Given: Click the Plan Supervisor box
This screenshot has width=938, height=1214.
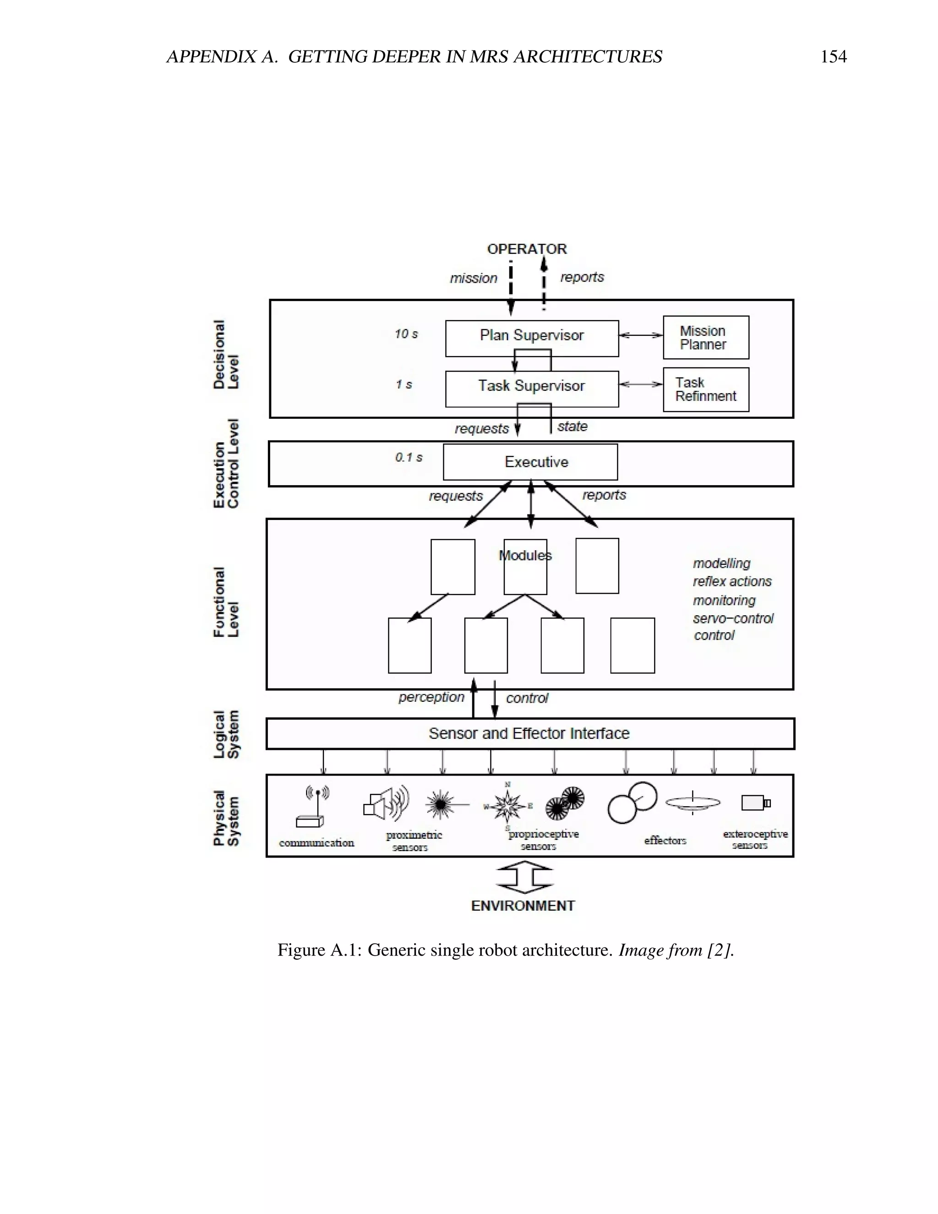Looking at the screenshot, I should click(x=531, y=338).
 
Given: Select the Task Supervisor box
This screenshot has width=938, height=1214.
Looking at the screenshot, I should click(x=531, y=388).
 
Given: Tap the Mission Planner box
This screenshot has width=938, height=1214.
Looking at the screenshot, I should click(x=705, y=338).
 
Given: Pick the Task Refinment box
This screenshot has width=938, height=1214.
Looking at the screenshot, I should click(x=705, y=390).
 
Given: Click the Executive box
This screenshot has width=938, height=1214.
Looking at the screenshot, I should click(x=530, y=462).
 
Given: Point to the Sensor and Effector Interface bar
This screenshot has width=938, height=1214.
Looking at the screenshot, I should click(x=529, y=734).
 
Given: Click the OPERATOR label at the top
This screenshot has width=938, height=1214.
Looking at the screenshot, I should click(x=527, y=249).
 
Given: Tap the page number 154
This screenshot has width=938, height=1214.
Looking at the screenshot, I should click(x=833, y=57).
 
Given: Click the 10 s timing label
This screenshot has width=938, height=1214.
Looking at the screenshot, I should click(x=406, y=334).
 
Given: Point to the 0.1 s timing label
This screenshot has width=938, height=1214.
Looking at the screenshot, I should click(x=409, y=458).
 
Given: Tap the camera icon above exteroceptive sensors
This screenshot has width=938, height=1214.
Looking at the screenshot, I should click(x=756, y=803).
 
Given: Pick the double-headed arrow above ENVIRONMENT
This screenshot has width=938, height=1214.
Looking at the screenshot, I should click(x=524, y=878).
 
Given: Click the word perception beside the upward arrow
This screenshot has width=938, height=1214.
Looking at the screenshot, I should click(x=431, y=697).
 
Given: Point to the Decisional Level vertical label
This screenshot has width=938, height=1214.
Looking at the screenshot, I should click(x=226, y=355).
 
